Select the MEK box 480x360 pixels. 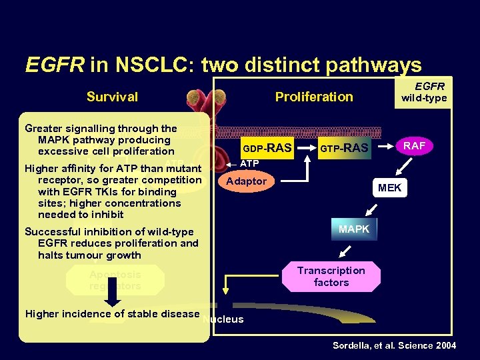tap(389, 188)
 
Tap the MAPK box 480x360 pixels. tap(354, 229)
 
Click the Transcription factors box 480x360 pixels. tap(331, 276)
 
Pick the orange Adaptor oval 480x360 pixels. tap(247, 181)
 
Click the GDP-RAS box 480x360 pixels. tap(267, 148)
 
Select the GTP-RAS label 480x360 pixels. tap(345, 148)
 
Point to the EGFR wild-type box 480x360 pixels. tap(423, 91)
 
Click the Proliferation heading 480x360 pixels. tap(314, 97)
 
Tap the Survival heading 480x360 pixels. tap(112, 97)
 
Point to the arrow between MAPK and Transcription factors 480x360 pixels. tap(346, 251)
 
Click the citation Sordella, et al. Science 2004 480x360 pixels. tap(395, 345)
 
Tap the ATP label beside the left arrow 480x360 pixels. tap(249, 164)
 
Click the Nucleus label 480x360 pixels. tap(224, 319)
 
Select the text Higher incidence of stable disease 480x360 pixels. tap(112, 314)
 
